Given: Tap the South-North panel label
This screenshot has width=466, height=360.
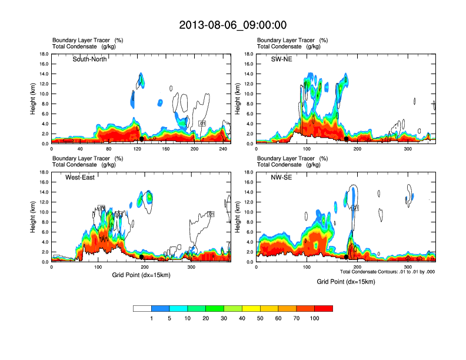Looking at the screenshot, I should point(89,59).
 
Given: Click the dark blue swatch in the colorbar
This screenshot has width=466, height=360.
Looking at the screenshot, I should point(161,308).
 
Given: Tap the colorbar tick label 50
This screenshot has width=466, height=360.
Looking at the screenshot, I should point(260,318).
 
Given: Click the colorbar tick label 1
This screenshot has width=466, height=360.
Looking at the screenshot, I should point(152,318).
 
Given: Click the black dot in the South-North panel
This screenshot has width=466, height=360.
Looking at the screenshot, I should point(142,139).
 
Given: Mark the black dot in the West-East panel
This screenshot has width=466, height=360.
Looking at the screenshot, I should point(142,257).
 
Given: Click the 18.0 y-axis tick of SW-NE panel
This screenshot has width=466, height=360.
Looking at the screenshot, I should point(249,54).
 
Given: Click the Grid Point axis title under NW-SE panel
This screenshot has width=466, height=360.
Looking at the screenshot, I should point(345,282).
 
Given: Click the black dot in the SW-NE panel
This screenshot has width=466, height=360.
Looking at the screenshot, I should point(347,139).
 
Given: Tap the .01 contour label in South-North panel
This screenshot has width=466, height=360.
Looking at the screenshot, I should point(202,124).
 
